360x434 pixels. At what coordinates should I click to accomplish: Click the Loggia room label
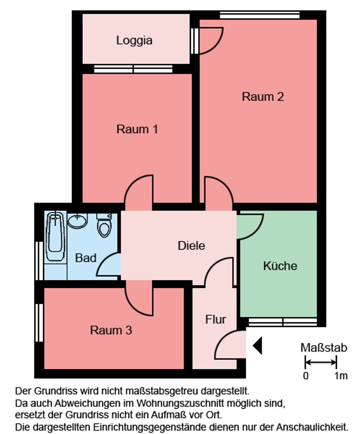(134, 41)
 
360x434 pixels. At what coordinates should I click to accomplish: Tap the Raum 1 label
(137, 129)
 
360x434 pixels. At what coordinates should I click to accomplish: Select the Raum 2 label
(263, 97)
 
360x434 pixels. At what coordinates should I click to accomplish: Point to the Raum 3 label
(111, 330)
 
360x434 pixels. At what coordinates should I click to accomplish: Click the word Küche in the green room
(280, 266)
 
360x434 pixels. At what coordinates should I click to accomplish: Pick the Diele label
(191, 246)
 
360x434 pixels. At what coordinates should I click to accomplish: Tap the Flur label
(216, 319)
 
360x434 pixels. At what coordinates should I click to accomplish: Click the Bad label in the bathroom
(86, 258)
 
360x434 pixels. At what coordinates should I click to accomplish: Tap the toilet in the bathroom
(105, 225)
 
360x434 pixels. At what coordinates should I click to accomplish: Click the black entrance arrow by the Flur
(257, 346)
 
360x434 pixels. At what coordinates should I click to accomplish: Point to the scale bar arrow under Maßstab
(321, 362)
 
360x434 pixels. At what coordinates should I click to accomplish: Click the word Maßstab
(324, 348)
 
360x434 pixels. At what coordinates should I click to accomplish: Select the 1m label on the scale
(340, 376)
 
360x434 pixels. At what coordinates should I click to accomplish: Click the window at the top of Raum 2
(259, 15)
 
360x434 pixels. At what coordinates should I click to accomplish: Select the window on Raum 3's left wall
(39, 323)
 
